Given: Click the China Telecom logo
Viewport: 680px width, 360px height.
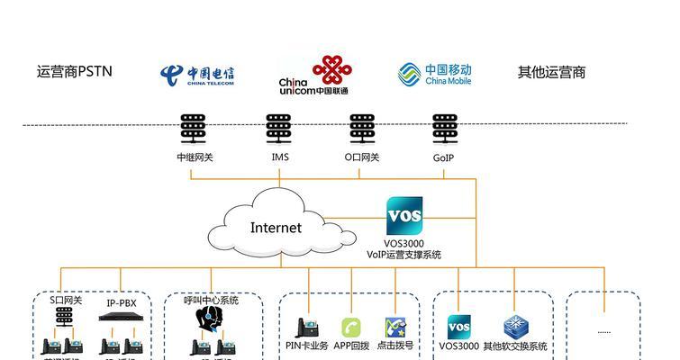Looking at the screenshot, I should point(196,75).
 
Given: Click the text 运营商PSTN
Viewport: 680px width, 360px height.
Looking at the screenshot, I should point(74,72).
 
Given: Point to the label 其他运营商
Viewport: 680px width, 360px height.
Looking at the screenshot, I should point(551,72).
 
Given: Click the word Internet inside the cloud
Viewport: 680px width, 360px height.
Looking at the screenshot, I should point(276,228).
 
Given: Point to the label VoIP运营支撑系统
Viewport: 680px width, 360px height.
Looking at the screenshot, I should point(403,255).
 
